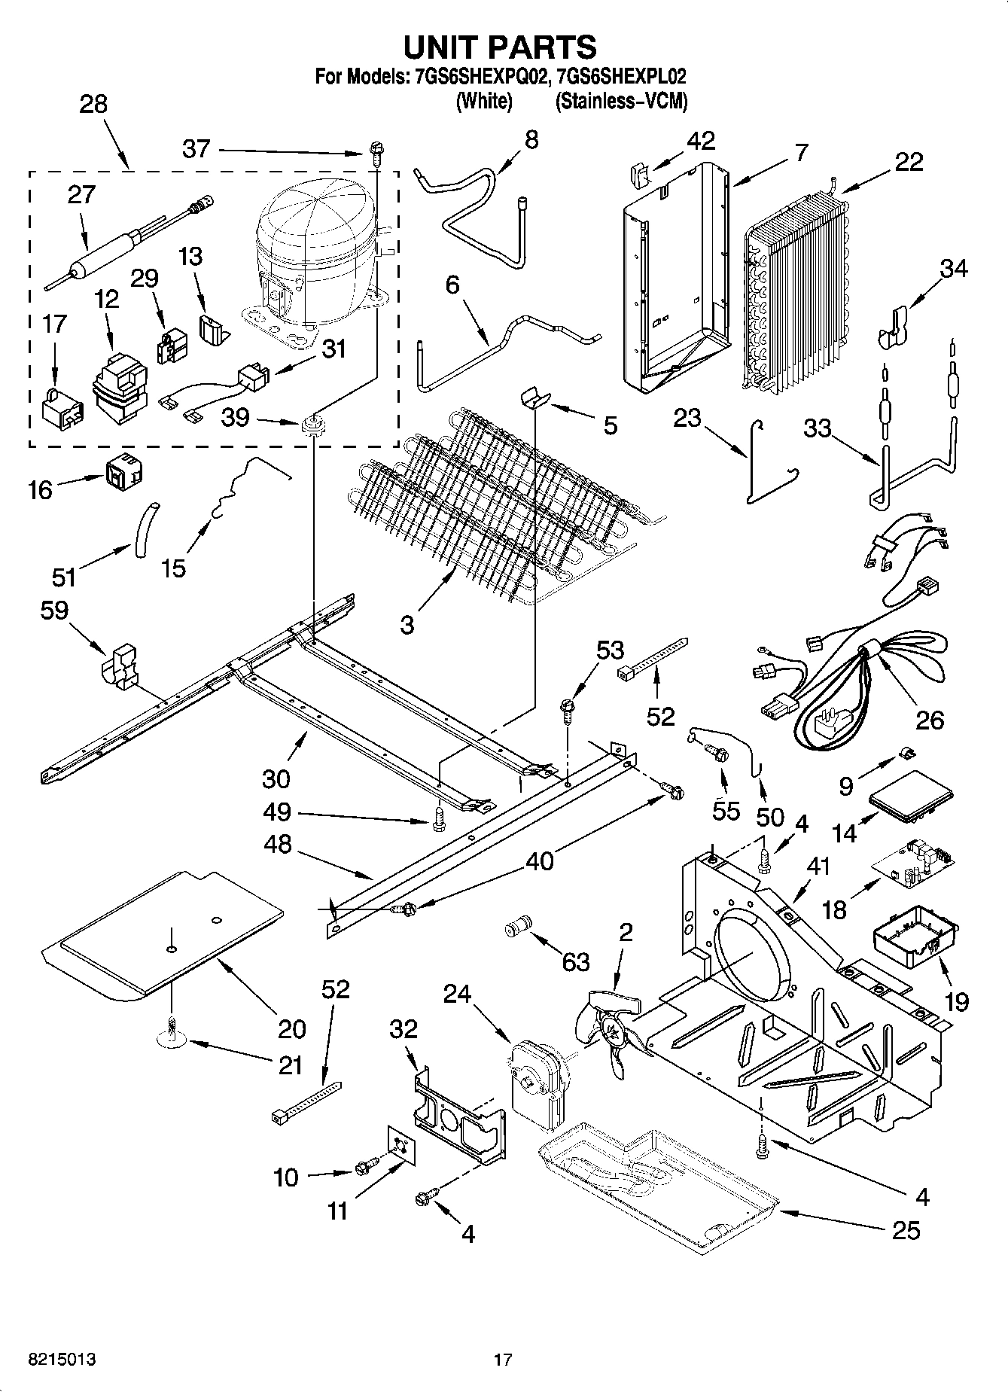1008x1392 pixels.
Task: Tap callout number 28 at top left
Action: pos(93,104)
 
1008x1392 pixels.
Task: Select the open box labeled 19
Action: pos(912,937)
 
